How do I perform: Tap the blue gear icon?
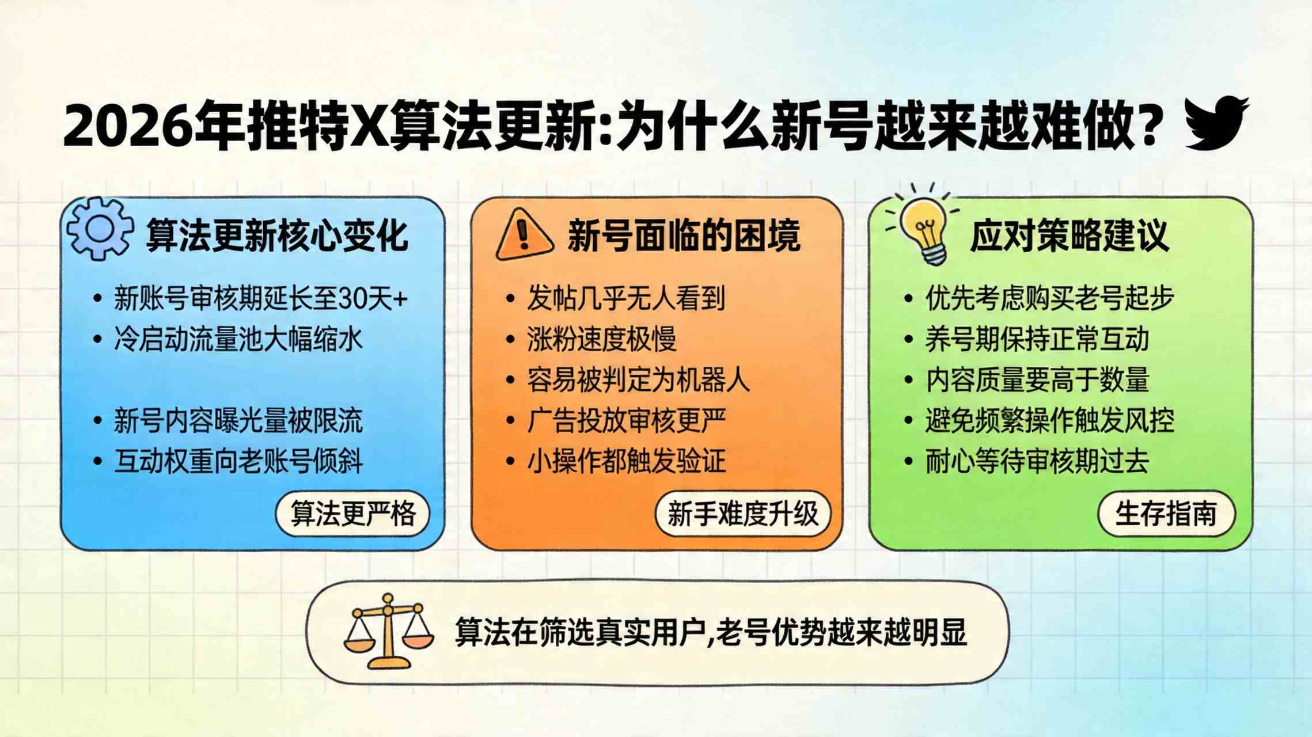pos(100,229)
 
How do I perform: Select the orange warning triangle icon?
pos(524,234)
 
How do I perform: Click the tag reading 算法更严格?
pos(352,514)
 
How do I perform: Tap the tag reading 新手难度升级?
pos(742,514)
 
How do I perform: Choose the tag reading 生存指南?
pos(1166,514)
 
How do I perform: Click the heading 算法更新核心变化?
pos(277,235)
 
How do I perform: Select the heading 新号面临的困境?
pos(684,235)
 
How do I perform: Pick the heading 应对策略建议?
pos(1070,235)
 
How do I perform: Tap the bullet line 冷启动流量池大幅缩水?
pos(238,339)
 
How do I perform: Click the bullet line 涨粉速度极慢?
pos(601,339)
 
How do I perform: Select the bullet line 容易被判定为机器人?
pos(638,379)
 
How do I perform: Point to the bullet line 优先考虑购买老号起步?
pos(1049,298)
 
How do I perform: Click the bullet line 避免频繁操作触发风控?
pos(1049,420)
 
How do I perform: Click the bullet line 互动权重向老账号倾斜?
pos(238,461)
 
